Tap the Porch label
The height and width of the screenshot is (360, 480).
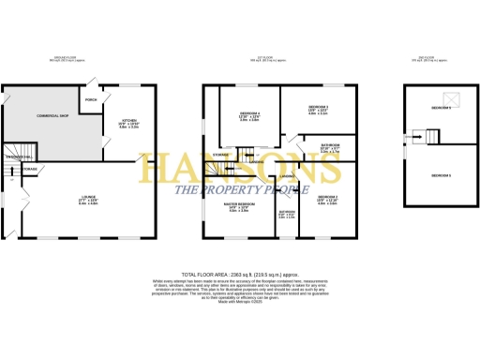(91, 98)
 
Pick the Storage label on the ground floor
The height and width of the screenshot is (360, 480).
(29, 170)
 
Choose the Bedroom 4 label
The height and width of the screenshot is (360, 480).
(249, 115)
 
